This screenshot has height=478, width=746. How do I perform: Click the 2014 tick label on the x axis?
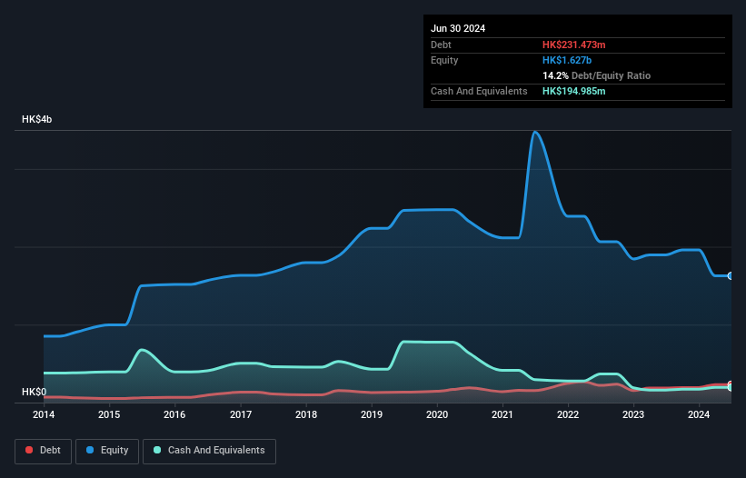[x=44, y=415]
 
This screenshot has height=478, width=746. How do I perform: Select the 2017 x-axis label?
[x=241, y=415]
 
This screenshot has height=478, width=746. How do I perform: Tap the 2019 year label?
[x=372, y=415]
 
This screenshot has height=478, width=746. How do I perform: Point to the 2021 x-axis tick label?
[x=502, y=415]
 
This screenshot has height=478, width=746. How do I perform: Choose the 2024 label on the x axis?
[x=699, y=415]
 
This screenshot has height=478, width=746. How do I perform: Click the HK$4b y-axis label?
[x=37, y=120]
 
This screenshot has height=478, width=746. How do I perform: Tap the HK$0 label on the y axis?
[x=34, y=393]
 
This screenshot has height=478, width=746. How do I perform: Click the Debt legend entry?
[x=43, y=450]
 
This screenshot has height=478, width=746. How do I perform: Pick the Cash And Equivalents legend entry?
[x=209, y=450]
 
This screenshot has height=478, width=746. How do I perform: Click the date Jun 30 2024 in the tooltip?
[x=458, y=28]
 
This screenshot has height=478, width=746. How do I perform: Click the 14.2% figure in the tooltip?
[x=555, y=75]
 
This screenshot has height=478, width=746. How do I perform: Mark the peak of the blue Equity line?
[x=536, y=132]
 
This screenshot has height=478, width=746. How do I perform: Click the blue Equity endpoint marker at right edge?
[x=731, y=275]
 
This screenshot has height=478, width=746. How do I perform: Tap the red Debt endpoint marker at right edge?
[x=731, y=384]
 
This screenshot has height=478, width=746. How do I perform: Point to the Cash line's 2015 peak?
[x=142, y=350]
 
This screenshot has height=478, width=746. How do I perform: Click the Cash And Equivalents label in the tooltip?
[x=479, y=91]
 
